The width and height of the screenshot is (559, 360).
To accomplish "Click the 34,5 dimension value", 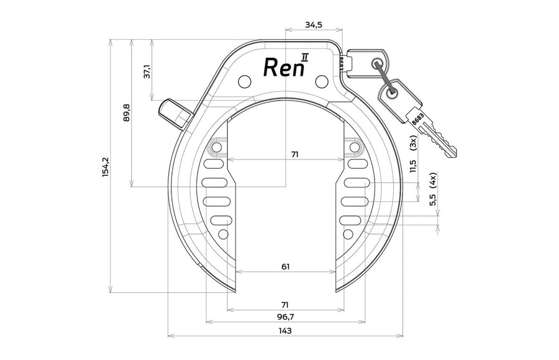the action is (x=314, y=25).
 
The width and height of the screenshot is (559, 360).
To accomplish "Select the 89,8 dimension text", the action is (x=127, y=112).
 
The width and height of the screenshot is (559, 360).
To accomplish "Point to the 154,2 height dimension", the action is (x=106, y=167).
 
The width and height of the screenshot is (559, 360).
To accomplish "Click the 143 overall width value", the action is (x=285, y=331).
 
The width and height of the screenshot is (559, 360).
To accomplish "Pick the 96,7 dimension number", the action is (x=286, y=317).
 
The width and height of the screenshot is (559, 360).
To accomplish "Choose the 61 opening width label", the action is (x=286, y=266).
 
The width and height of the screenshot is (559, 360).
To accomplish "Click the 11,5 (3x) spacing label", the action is (x=413, y=154).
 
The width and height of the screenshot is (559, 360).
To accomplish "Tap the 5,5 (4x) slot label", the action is (x=433, y=189).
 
